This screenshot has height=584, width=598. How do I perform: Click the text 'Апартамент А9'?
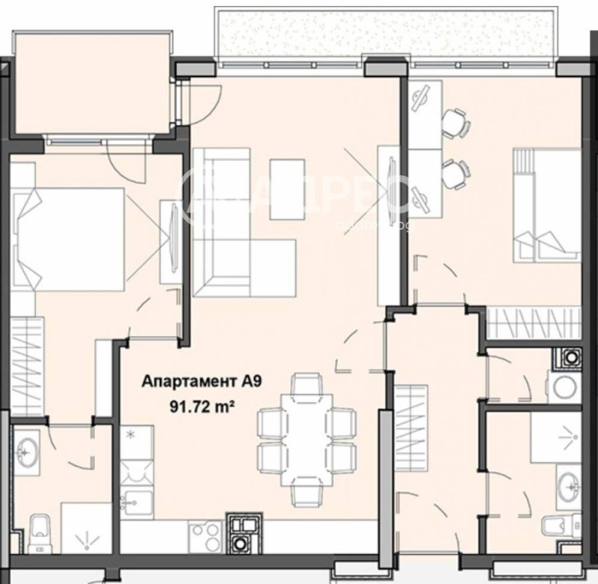point(201,382)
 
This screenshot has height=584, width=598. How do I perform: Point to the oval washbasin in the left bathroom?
point(28,451)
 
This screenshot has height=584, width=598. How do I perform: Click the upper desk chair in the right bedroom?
point(454,123)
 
